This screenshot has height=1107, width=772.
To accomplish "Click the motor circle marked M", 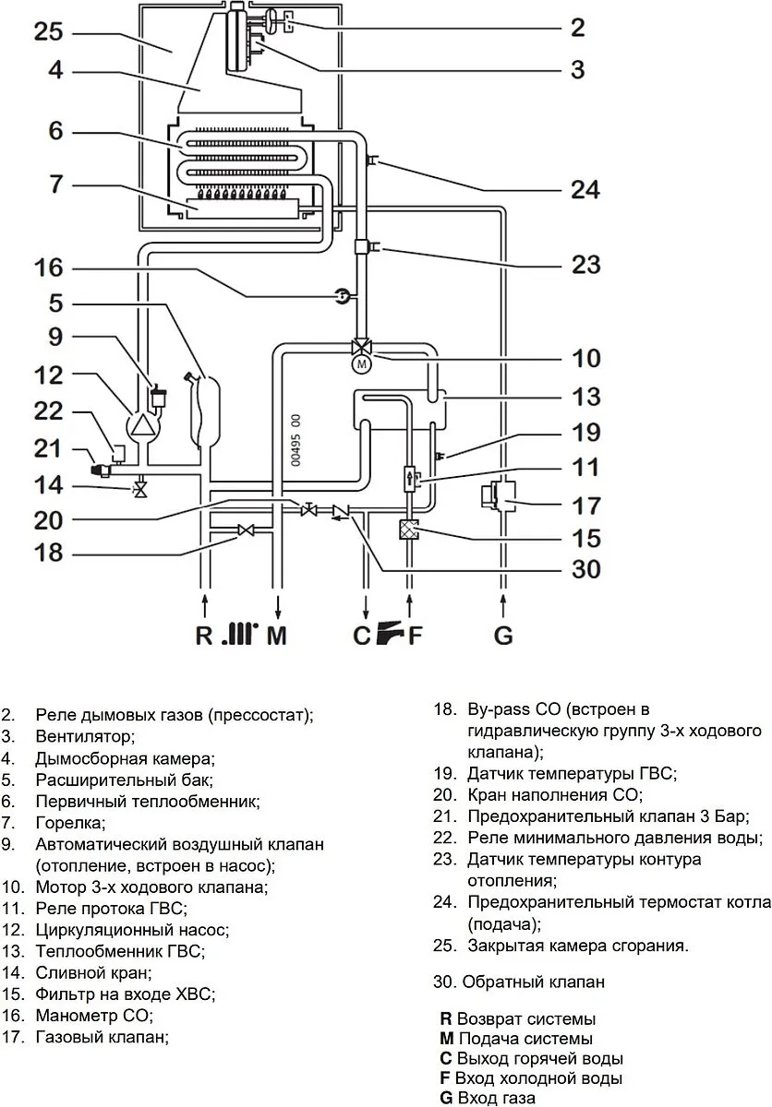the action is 361,364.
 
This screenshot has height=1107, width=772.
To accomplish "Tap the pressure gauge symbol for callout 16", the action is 342,295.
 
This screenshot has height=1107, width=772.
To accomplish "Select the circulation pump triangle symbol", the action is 143,424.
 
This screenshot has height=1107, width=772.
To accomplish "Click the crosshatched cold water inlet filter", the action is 408,530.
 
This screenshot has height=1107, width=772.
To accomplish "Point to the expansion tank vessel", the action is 204,411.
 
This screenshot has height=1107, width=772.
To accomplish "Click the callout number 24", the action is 585,189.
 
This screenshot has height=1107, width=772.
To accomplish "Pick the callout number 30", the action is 586,569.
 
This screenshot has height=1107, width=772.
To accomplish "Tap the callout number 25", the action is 48,31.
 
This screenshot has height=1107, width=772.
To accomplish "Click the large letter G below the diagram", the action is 503,635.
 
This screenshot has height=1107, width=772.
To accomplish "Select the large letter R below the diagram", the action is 204,635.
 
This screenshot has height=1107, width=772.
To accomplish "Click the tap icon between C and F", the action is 391,633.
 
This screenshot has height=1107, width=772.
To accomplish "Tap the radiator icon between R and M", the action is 240,633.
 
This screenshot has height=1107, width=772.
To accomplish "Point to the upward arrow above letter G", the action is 503,605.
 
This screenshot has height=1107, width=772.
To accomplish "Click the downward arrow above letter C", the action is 366,607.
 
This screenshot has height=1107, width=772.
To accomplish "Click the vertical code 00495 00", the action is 296,440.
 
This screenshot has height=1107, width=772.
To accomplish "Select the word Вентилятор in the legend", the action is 85,736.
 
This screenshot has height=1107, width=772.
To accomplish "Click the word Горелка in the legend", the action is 71,822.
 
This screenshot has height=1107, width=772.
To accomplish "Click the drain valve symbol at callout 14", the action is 141,489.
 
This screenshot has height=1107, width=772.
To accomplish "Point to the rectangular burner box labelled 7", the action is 242,208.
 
